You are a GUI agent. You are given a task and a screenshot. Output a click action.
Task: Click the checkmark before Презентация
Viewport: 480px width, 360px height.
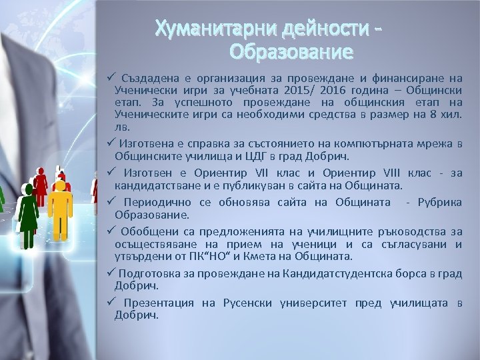point(110,303)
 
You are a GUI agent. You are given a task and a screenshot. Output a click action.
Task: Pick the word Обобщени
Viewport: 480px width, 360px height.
point(141,232)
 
